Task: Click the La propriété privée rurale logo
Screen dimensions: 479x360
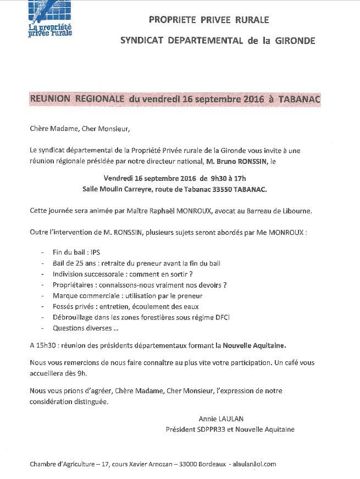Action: (x=50, y=19)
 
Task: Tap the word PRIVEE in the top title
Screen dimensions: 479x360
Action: (x=209, y=20)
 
